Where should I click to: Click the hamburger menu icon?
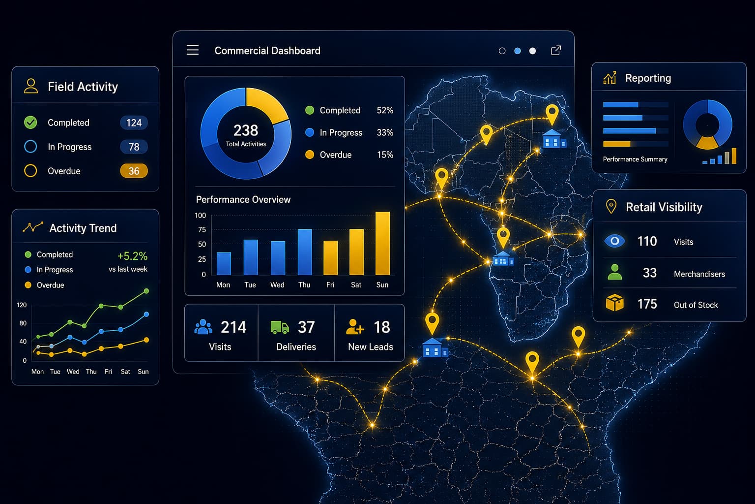[x=193, y=50]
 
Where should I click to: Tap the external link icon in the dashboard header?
[x=556, y=50]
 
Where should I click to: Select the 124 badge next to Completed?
[x=134, y=123]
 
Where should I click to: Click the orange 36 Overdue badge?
[x=134, y=171]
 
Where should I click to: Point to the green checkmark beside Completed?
[x=30, y=122]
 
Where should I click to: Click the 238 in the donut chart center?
[x=246, y=130]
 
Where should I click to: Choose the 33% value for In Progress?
[x=385, y=132]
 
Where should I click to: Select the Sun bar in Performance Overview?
[x=382, y=243]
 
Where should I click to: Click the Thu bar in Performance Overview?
[x=305, y=252]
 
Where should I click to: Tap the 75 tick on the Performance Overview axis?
[x=202, y=229]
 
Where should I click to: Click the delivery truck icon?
[x=279, y=327]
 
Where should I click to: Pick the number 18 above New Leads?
[x=382, y=327]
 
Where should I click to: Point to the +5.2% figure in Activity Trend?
[x=132, y=256]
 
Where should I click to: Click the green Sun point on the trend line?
[x=146, y=291]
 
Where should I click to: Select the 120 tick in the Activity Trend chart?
[x=22, y=305]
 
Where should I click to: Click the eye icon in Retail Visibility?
[x=614, y=241]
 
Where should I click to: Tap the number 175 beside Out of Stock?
[x=647, y=304]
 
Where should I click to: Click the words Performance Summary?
[x=635, y=159]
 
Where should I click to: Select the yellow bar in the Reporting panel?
[x=616, y=144]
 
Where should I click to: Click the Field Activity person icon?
[x=30, y=86]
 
